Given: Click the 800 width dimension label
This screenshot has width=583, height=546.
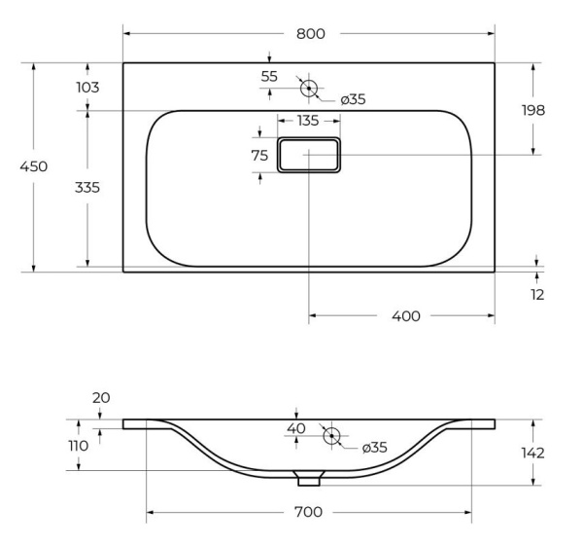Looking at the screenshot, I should click(310, 34).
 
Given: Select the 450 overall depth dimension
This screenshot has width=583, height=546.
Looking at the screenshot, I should click(34, 166).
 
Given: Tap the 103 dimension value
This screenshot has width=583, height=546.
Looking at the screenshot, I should click(88, 88).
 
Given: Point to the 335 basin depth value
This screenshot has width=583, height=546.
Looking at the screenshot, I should click(88, 186).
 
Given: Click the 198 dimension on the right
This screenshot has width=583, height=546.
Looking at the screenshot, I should click(532, 110).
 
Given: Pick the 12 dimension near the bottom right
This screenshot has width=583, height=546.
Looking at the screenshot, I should click(537, 293).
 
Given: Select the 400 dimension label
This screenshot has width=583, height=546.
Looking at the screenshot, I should click(406, 316).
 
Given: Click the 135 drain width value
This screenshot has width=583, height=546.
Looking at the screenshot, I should click(308, 122).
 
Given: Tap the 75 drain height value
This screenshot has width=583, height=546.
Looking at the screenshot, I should click(259, 156).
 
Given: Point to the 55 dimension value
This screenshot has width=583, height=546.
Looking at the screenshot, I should click(269, 76).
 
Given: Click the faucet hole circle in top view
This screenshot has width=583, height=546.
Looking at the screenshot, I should click(309, 88).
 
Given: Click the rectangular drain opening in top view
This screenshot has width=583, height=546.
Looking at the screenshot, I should click(309, 155).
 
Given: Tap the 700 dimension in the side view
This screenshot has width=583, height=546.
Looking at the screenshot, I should click(308, 512).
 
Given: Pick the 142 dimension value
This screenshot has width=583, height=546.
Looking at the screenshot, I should click(532, 453).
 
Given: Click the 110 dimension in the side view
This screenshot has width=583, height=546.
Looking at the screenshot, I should click(79, 446).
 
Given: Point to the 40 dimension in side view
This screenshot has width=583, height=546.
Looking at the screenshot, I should click(296, 428).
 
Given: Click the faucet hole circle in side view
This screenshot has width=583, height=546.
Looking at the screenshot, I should click(330, 435).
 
